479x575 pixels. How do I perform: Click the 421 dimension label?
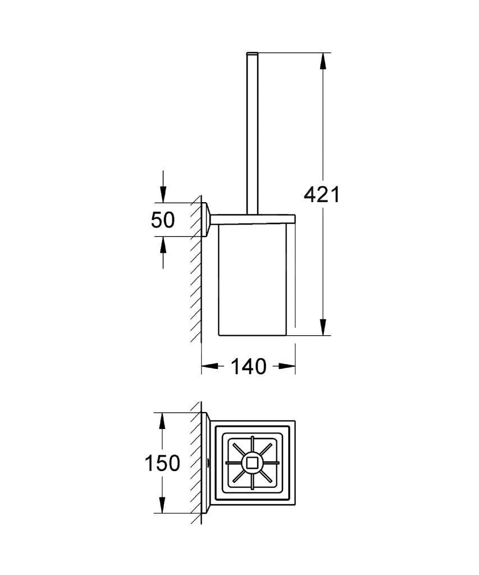322,195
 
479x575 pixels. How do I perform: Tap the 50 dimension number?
163,220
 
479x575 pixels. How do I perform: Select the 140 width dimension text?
248,366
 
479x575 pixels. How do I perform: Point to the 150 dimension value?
162,463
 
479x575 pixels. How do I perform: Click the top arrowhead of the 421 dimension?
322,61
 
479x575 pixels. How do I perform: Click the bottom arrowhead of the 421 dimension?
322,327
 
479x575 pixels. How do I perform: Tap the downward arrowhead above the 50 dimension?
163,194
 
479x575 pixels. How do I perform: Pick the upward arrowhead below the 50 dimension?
163,245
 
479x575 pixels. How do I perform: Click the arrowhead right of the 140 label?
287,366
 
